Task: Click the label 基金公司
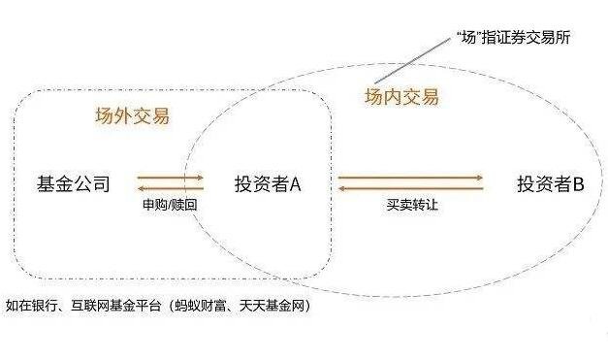pos(73,182)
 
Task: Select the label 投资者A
pos(269,182)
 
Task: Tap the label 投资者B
pos(550,182)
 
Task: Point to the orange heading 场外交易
pos(131,116)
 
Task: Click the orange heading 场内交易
pos(400,97)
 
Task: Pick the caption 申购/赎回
pos(170,205)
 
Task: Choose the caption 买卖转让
pos(409,205)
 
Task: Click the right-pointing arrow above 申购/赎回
pos(170,177)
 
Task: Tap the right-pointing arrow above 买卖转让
pos(409,177)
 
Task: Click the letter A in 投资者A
pos(296,182)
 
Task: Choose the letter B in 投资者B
pos(577,182)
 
